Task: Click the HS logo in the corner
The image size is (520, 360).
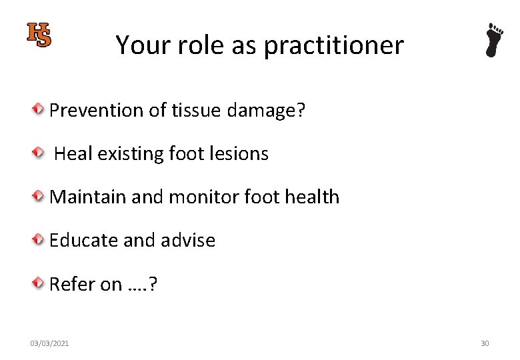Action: point(39,35)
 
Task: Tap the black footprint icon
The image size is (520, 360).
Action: point(493,40)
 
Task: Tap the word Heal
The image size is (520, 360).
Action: point(73,154)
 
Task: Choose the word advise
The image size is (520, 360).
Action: point(187,241)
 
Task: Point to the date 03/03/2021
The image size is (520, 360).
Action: point(49,343)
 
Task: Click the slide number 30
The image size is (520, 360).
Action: point(485,343)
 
